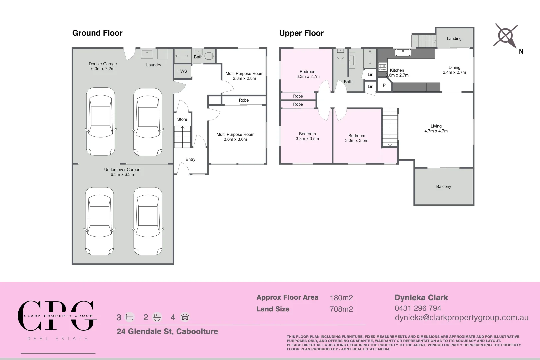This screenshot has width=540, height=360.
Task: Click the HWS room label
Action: (x=182, y=71)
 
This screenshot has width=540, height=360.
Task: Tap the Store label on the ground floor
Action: (x=182, y=119)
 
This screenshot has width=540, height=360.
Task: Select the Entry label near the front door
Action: (x=190, y=159)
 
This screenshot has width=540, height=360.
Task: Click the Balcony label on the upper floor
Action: (x=443, y=186)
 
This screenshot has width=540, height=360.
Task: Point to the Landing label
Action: (x=454, y=38)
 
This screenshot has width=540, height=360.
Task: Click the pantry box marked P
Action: (x=384, y=85)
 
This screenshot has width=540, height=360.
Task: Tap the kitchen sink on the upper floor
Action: (x=403, y=52)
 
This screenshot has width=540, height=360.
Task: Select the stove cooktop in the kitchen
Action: (x=382, y=67)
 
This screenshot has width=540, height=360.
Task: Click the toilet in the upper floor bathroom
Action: (x=341, y=54)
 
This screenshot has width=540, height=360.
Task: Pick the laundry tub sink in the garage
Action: (x=147, y=54)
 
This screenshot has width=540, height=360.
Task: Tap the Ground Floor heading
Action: (x=97, y=33)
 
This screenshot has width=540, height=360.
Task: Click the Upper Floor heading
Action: (x=301, y=33)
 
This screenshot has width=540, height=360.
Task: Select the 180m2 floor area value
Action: (x=341, y=298)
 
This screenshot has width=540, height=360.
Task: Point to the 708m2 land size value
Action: (x=341, y=309)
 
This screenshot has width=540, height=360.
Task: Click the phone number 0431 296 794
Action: (x=418, y=308)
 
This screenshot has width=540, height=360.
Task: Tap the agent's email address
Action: (x=461, y=318)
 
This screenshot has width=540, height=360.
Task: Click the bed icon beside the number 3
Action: (x=130, y=317)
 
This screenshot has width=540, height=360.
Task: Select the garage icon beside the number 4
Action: (x=185, y=317)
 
